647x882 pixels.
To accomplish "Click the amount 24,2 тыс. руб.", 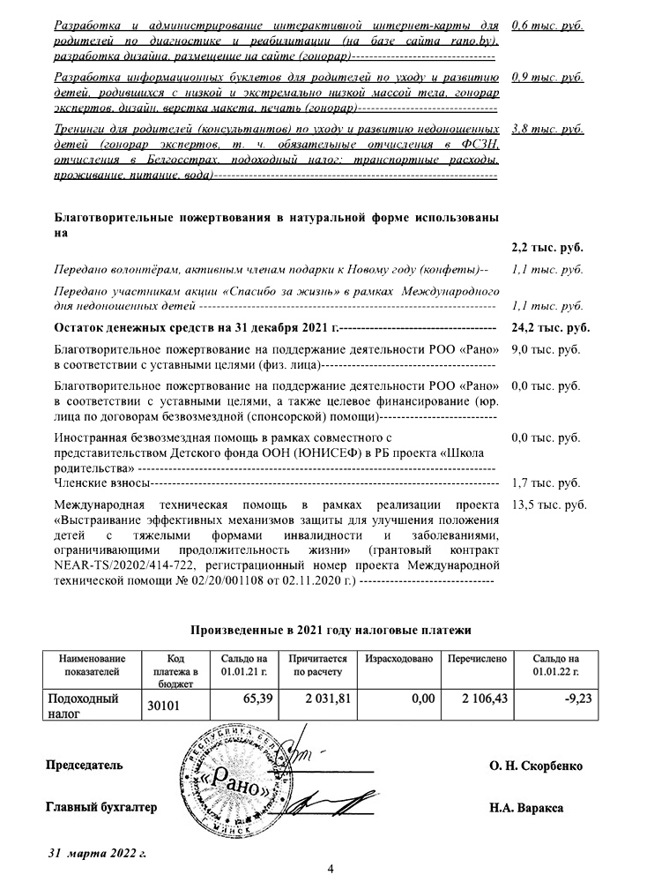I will (550, 328).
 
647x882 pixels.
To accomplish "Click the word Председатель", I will (85, 766).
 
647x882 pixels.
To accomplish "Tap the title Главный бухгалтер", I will (100, 807).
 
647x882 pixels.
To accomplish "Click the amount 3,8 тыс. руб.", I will (547, 129).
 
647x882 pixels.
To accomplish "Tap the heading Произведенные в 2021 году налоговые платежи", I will (331, 631).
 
